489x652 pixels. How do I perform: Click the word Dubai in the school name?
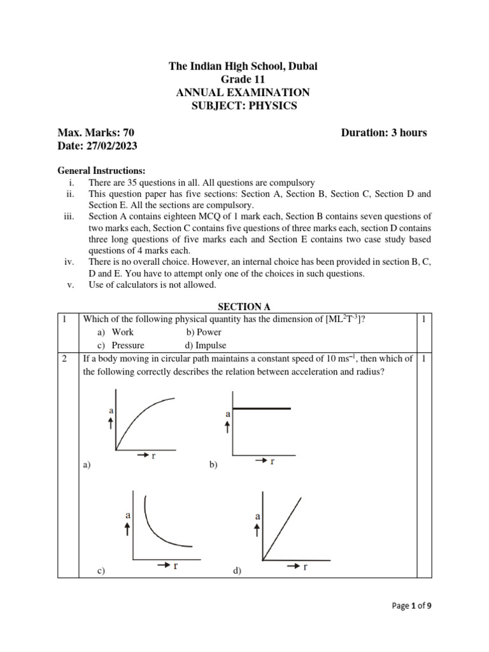click(302, 67)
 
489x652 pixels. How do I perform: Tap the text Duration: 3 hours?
click(384, 132)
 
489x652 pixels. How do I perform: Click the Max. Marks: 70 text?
click(96, 132)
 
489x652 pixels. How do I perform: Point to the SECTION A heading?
click(244, 306)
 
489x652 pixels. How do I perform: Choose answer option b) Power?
click(204, 332)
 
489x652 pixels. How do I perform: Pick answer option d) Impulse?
click(205, 345)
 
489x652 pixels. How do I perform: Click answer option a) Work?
click(116, 332)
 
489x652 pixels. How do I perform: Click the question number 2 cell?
click(66, 358)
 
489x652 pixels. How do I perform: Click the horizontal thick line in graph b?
click(262, 407)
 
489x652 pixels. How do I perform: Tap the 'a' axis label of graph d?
click(257, 516)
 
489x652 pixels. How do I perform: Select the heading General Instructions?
click(101, 171)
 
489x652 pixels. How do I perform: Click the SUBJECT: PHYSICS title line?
click(244, 106)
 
